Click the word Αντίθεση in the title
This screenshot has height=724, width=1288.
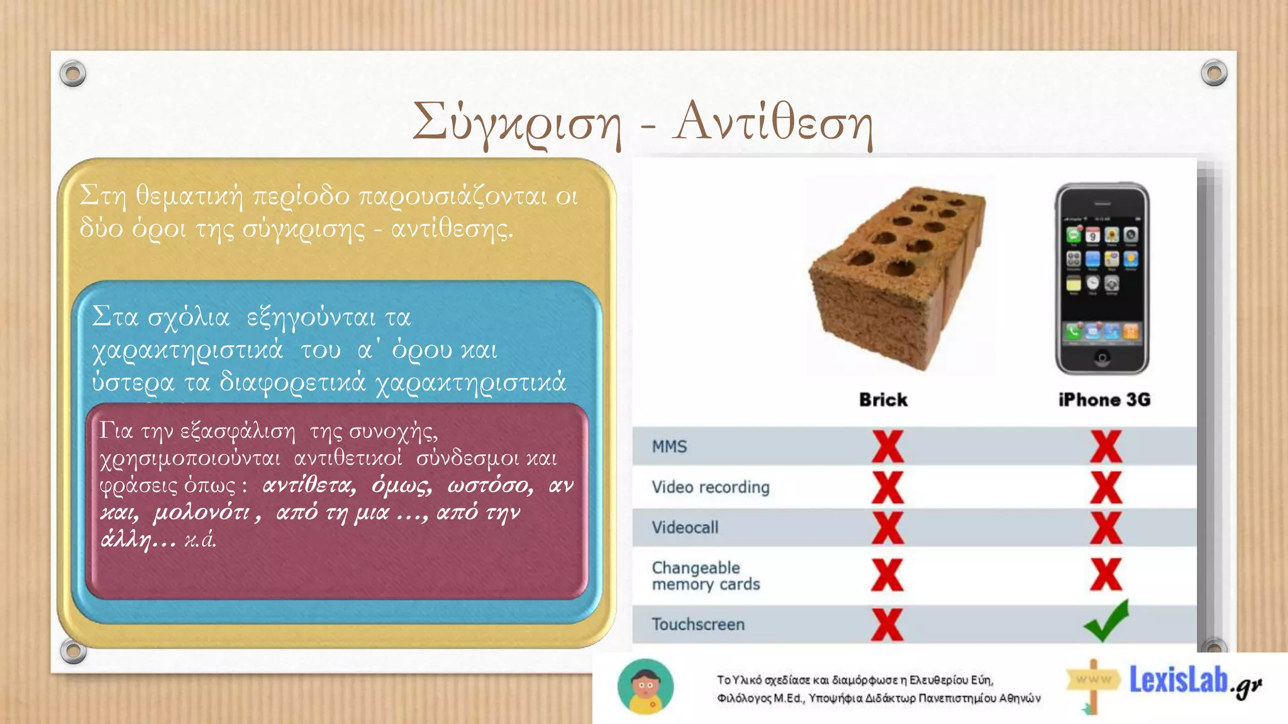(773, 123)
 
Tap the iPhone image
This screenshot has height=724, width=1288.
(1102, 279)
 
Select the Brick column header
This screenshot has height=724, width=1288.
(883, 400)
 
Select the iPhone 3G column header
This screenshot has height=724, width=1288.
(1104, 400)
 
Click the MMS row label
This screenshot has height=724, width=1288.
(669, 447)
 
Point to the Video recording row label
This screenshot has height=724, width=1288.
(710, 487)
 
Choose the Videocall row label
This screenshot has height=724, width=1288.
(685, 527)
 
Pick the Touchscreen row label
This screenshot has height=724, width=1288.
(698, 624)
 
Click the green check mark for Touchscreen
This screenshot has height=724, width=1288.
(1106, 621)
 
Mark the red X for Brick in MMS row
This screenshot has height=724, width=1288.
(887, 447)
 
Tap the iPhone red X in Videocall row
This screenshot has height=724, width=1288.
(1106, 527)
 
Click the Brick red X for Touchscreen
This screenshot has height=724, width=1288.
(887, 624)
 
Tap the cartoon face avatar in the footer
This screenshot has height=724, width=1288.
(645, 687)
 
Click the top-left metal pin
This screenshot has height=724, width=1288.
(73, 74)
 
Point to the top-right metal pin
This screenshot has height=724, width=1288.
(1214, 73)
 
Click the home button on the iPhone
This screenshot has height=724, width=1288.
(1102, 358)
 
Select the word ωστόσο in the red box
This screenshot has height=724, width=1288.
(491, 486)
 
